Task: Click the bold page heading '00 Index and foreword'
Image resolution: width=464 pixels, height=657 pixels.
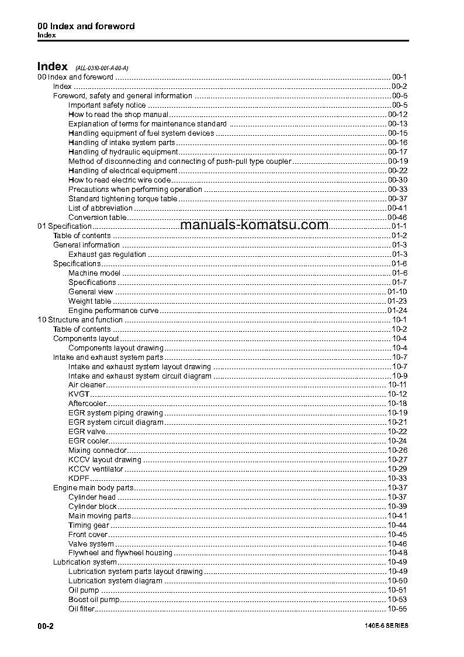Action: click(x=86, y=26)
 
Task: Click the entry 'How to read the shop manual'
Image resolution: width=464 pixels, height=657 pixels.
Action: click(x=118, y=115)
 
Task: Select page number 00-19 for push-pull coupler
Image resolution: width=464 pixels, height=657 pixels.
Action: click(x=397, y=161)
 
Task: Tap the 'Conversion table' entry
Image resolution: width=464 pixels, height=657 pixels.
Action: click(x=97, y=218)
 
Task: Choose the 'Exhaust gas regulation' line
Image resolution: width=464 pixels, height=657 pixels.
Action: click(x=107, y=254)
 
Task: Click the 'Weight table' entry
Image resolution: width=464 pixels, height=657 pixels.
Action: click(x=89, y=301)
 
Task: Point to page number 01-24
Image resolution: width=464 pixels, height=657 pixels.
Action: click(x=397, y=311)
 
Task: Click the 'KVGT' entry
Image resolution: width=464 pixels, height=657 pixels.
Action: click(x=78, y=394)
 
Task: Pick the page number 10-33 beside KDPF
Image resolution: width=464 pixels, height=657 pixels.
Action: click(x=397, y=479)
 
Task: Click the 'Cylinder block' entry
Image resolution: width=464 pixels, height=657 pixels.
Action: click(x=92, y=507)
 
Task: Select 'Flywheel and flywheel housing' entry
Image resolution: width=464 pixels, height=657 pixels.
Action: click(x=120, y=553)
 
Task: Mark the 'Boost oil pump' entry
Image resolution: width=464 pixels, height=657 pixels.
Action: click(x=94, y=600)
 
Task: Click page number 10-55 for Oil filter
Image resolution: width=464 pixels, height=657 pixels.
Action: click(x=397, y=609)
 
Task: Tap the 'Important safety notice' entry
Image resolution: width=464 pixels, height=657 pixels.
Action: click(x=107, y=105)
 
